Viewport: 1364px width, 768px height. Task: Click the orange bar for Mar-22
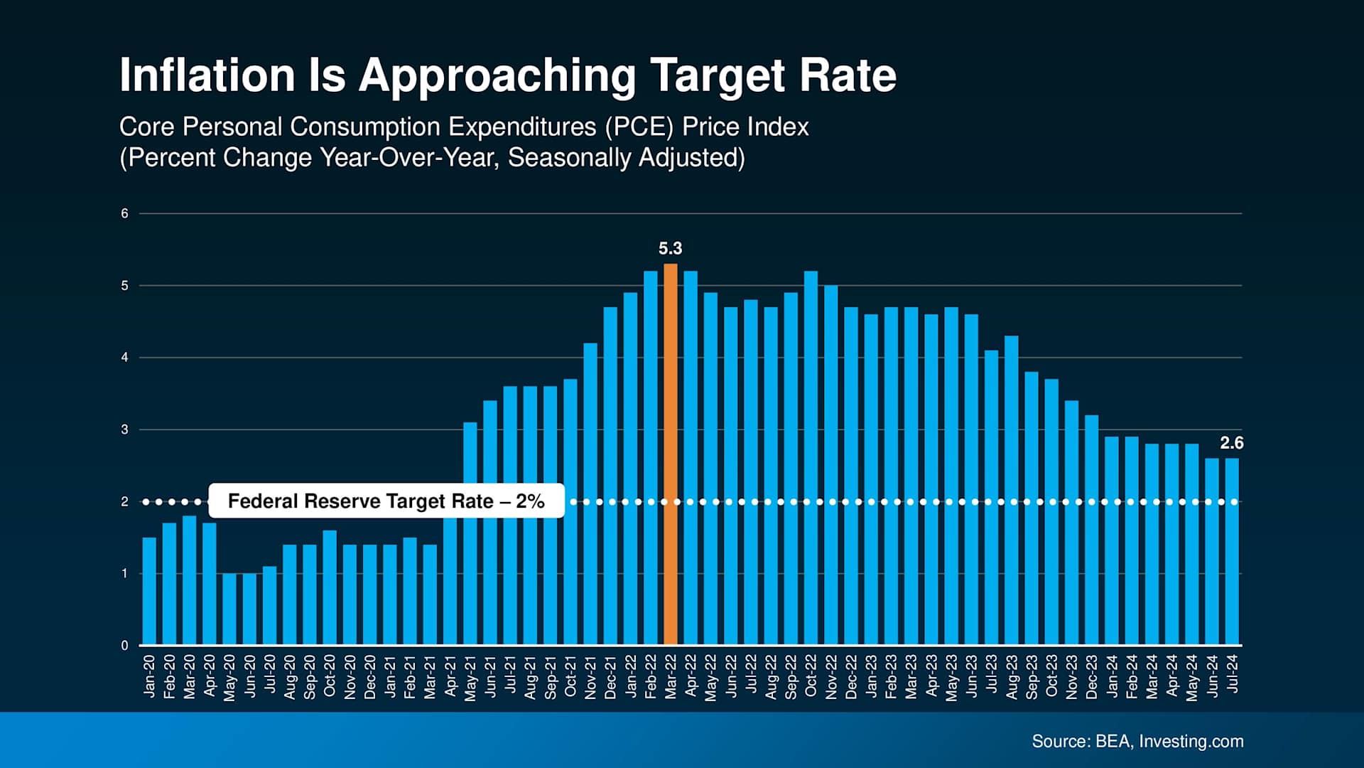click(x=670, y=455)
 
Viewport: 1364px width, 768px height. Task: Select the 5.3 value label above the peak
click(x=670, y=248)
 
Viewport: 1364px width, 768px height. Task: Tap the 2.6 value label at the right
click(x=1231, y=443)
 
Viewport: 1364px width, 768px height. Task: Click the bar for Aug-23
click(x=1011, y=491)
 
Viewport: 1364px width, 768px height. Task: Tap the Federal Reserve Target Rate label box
click(x=386, y=501)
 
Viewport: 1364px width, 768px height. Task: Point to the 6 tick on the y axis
click(x=125, y=213)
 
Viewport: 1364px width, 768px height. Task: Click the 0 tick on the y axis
click(x=125, y=646)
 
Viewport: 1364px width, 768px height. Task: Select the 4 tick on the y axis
click(x=125, y=358)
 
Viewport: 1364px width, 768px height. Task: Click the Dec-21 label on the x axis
click(x=610, y=677)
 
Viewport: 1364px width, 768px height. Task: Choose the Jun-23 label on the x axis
click(x=971, y=677)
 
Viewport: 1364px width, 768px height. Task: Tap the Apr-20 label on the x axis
click(x=210, y=677)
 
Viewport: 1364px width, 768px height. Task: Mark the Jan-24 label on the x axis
click(x=1112, y=677)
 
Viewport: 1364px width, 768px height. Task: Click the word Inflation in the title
click(x=207, y=75)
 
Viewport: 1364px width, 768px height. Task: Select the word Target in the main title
click(x=717, y=76)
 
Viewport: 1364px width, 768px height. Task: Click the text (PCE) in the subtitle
click(x=639, y=127)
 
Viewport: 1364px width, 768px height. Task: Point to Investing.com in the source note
click(x=1191, y=741)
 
